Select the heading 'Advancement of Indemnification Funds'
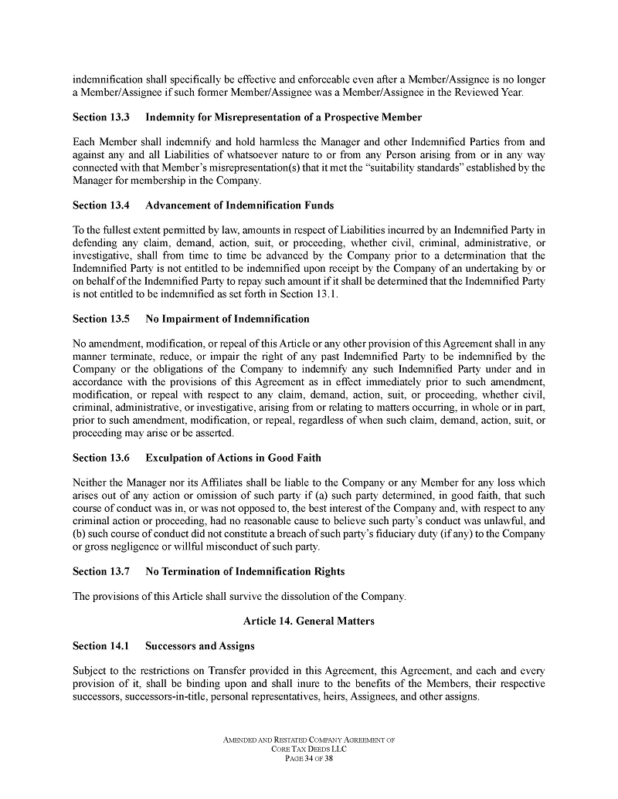239,205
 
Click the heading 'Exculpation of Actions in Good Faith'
233,458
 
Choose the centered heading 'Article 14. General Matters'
308,621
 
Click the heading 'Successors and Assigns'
200,645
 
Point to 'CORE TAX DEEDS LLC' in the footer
309,750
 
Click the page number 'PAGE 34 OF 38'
309,759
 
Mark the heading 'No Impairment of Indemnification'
227,319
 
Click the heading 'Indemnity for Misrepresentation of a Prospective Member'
284,117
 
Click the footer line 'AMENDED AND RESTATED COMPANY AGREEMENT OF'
309,740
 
